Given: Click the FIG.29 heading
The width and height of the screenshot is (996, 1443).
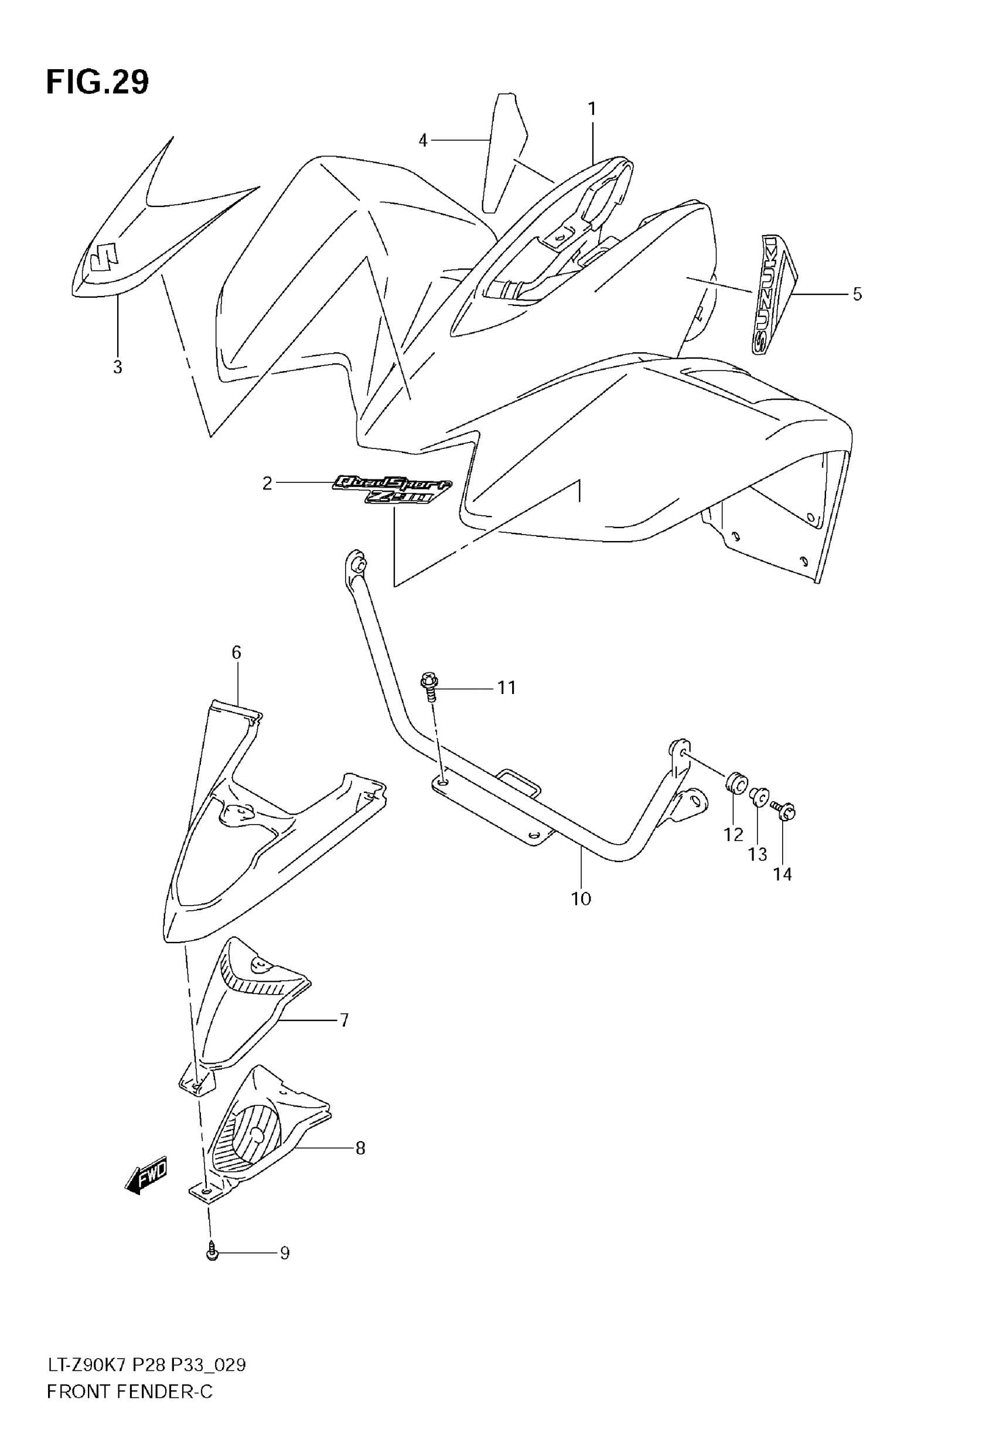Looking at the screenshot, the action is click(x=97, y=83).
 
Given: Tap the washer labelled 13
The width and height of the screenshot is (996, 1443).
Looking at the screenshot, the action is click(x=759, y=797).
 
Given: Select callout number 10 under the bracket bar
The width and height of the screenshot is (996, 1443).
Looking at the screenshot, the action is click(x=581, y=899).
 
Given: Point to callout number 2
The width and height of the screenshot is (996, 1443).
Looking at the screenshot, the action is click(x=267, y=483).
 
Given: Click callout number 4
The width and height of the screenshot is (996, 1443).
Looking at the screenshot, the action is click(x=423, y=141).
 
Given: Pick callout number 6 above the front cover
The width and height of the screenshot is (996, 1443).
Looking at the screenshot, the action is click(x=236, y=652).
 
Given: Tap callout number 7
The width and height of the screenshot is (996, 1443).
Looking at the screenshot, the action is click(x=344, y=1020).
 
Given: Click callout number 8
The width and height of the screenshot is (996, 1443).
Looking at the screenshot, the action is click(x=360, y=1148).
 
